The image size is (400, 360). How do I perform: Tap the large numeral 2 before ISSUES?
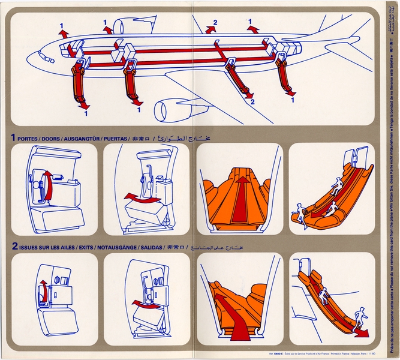click(x=13, y=246)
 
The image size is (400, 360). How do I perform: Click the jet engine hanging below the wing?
click(x=170, y=110)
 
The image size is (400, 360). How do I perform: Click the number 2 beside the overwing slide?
click(x=252, y=103)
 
